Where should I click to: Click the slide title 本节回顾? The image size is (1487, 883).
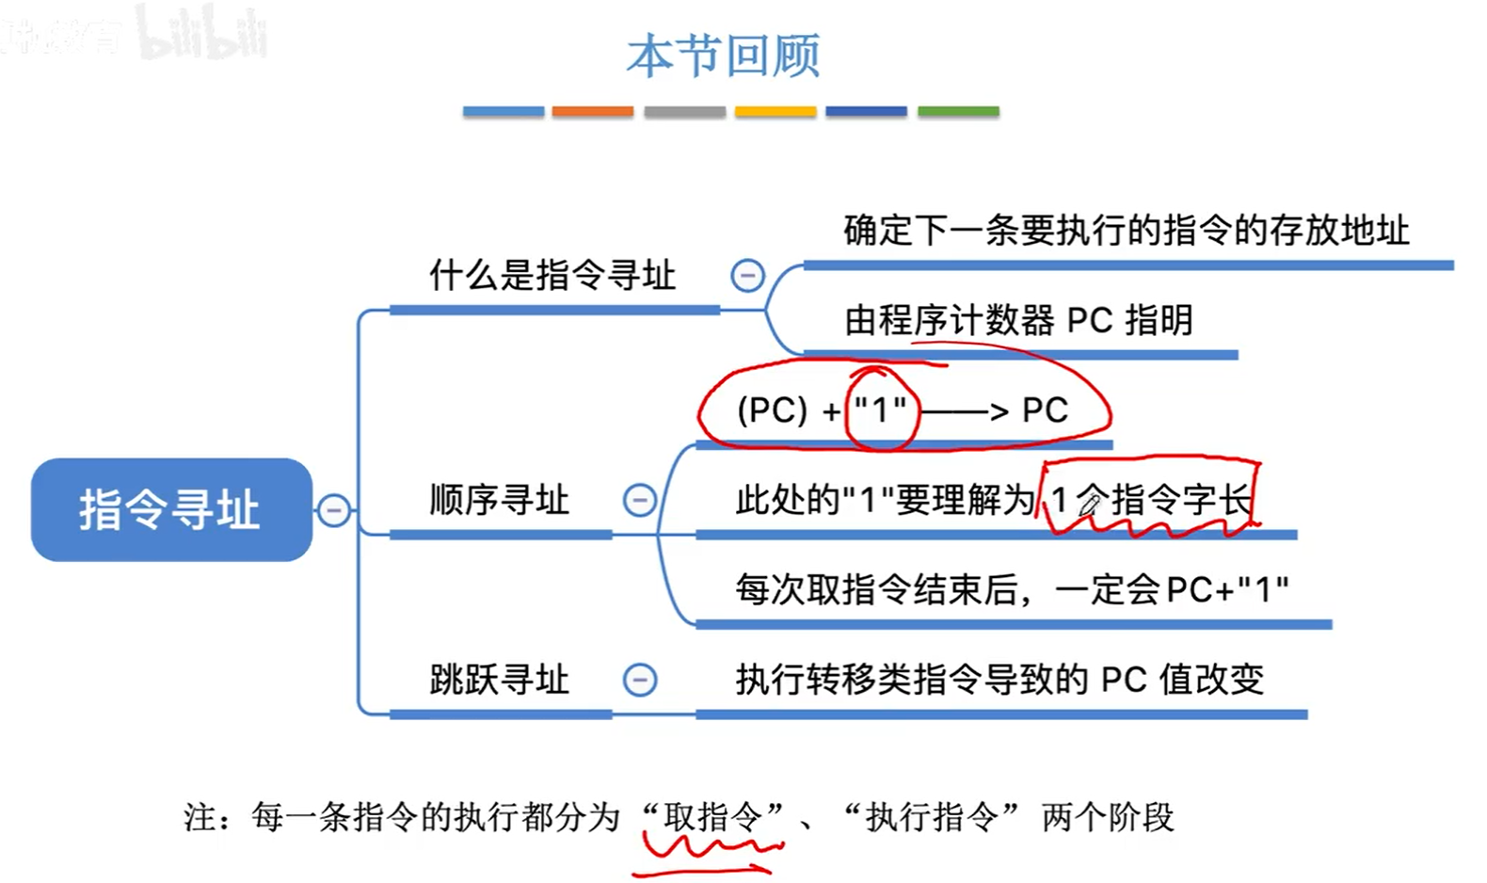pos(723,56)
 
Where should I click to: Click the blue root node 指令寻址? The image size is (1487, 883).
pos(171,509)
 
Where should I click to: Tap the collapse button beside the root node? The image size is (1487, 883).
pos(333,510)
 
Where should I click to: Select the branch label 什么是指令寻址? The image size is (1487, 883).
pos(552,276)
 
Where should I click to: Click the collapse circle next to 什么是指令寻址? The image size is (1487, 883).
pos(747,276)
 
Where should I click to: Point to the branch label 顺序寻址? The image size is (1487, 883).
pos(499,500)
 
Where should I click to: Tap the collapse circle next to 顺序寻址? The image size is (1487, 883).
pos(640,500)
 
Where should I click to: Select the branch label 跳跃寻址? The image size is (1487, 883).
pos(499,679)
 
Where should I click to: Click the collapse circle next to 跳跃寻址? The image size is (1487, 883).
pos(640,680)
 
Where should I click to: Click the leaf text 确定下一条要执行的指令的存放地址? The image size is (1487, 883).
pos(1126,231)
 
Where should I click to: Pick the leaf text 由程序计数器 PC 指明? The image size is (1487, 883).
pos(1018,320)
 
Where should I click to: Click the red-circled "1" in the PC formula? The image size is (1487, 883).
pos(880,410)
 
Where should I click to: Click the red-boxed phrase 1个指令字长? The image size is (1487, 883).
pos(1150,500)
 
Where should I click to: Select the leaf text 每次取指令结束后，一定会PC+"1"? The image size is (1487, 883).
pos(1012,590)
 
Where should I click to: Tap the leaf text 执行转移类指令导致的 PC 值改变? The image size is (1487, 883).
pos(999,679)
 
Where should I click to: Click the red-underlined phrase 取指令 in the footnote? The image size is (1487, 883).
pos(712,817)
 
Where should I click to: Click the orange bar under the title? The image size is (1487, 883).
pos(593,111)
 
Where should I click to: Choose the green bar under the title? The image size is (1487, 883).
pos(958,111)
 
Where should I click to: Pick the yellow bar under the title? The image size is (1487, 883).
pos(775,111)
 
